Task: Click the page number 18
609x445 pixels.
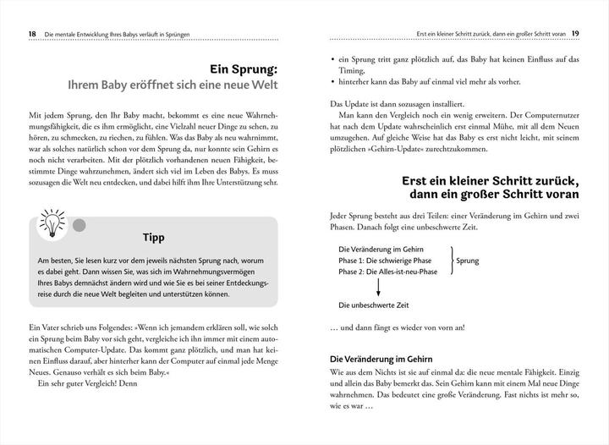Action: coord(23,33)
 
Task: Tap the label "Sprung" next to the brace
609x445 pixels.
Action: coord(468,261)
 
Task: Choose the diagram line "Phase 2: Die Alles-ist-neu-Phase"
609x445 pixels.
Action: coord(387,273)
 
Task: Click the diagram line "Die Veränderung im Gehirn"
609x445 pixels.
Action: coord(379,250)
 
